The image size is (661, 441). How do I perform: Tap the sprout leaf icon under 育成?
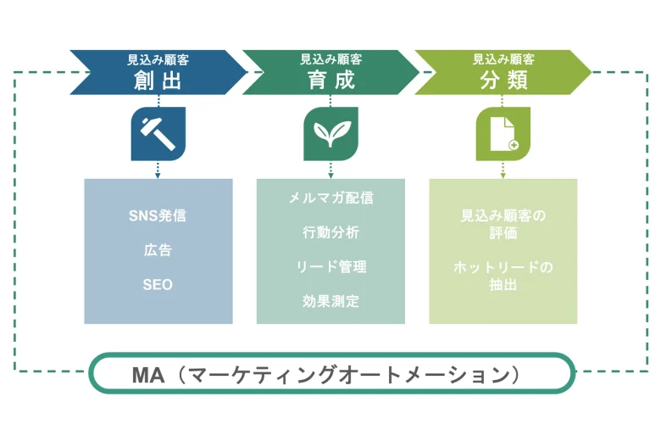(330, 134)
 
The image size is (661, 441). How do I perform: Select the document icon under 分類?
(503, 134)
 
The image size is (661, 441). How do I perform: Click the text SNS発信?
(158, 215)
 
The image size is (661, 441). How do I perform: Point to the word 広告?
(158, 250)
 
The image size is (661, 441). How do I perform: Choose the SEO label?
(158, 285)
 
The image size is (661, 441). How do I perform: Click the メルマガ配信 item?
(330, 198)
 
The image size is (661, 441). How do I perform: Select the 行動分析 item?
(330, 232)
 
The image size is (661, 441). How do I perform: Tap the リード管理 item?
(330, 267)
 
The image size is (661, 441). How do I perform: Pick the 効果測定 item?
(330, 301)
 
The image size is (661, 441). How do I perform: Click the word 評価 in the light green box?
(503, 233)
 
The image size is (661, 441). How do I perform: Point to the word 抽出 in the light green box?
(503, 285)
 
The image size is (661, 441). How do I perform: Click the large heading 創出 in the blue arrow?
(158, 81)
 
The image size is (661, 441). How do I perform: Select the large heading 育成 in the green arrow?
(330, 81)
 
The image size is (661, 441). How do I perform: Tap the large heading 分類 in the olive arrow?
(503, 81)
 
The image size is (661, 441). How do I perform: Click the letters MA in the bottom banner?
(148, 375)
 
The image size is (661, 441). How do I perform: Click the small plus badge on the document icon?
(514, 145)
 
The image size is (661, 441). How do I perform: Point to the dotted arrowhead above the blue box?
(158, 176)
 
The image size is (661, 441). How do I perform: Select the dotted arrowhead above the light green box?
(503, 176)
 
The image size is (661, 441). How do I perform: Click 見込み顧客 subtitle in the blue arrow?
(158, 60)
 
